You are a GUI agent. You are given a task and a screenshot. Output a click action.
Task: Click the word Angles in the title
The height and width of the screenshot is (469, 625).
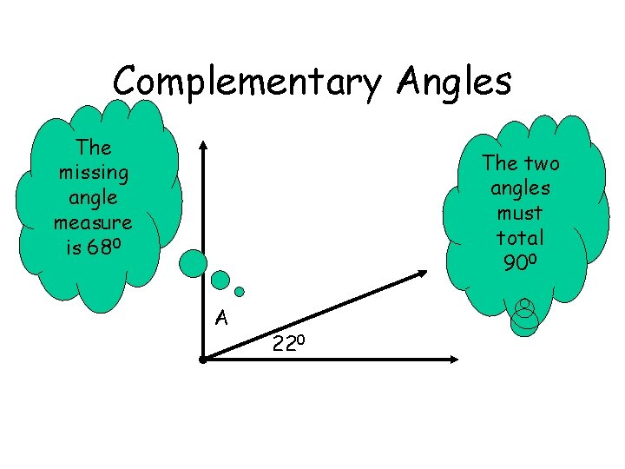[455, 82]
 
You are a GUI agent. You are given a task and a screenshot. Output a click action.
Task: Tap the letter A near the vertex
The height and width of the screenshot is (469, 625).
[221, 318]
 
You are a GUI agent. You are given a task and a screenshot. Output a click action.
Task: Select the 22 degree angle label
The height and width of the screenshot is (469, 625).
[287, 344]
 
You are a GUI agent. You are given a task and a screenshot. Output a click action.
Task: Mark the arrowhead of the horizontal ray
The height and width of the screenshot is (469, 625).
[457, 358]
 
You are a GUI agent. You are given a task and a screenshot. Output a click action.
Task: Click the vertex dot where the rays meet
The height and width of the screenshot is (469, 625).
[201, 358]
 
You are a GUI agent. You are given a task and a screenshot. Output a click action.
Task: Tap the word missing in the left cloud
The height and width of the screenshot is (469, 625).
[93, 173]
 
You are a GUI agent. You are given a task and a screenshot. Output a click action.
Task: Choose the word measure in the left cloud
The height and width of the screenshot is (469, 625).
[93, 222]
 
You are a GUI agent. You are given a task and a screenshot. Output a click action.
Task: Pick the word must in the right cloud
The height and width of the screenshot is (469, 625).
[521, 213]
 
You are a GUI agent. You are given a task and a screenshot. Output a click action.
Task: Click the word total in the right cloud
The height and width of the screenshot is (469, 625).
[521, 237]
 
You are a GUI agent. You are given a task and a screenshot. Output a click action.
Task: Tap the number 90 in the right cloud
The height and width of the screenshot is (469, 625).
[516, 262]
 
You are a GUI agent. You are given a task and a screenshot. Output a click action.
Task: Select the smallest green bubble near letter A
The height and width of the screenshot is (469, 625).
[240, 291]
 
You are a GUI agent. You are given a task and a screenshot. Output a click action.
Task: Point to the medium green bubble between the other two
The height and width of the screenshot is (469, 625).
[220, 280]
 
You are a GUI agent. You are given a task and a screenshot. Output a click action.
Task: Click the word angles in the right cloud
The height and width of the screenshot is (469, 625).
[521, 188]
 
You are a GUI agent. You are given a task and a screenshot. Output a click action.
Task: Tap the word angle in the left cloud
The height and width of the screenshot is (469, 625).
[93, 198]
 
